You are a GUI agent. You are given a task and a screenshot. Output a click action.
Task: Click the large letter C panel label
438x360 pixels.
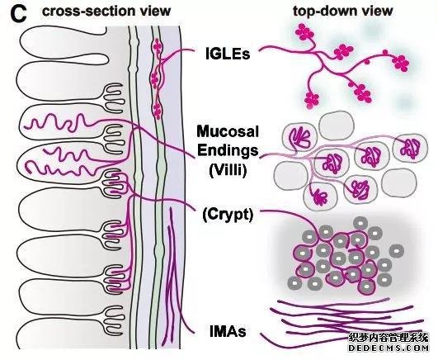point(18,14)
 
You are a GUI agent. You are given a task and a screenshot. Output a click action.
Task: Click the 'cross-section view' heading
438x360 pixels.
point(106,11)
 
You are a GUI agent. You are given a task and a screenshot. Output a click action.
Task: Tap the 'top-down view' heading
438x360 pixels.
point(343,11)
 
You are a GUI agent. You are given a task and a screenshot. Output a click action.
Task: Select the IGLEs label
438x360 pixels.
point(228,54)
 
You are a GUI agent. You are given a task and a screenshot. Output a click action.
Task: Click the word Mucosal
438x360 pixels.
point(228,131)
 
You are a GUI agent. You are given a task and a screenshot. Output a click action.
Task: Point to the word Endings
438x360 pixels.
point(228,150)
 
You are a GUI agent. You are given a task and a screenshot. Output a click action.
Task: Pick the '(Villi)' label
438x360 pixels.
point(228,170)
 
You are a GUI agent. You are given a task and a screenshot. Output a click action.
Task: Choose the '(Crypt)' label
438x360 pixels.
point(228,215)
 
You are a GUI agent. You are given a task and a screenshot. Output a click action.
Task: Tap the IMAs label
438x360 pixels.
point(228,332)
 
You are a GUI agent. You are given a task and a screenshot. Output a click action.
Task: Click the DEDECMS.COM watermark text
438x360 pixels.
point(389,348)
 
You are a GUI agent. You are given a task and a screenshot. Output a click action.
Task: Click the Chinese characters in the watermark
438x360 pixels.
point(389,338)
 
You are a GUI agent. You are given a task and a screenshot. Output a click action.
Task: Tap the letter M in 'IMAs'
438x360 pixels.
point(219,332)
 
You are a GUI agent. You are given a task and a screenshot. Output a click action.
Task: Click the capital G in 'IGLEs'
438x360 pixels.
point(215,54)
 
